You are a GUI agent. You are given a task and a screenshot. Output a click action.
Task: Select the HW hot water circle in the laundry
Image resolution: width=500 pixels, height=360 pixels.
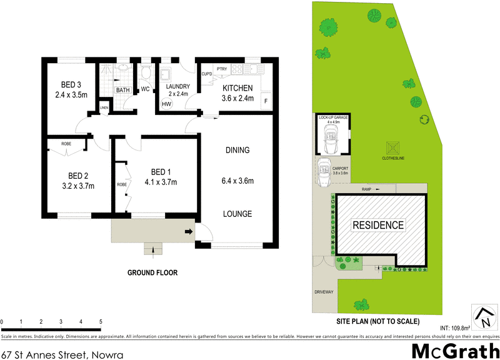(166, 104)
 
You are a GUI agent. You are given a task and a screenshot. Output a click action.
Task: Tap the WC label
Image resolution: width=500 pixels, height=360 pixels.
(145, 89)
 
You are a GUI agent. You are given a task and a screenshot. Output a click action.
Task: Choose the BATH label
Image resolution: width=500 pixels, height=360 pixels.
(122, 90)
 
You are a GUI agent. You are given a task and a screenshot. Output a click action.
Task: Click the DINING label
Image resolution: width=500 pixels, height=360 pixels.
(237, 150)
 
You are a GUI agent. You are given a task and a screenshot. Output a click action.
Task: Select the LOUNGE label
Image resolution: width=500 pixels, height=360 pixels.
(237, 214)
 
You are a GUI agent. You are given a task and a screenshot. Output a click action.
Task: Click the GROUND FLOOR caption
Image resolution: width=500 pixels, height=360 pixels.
(152, 272)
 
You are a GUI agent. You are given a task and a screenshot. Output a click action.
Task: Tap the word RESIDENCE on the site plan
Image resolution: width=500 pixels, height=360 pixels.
(378, 225)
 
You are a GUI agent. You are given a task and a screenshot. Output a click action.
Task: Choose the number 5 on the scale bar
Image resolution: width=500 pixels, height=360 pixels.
(101, 322)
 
